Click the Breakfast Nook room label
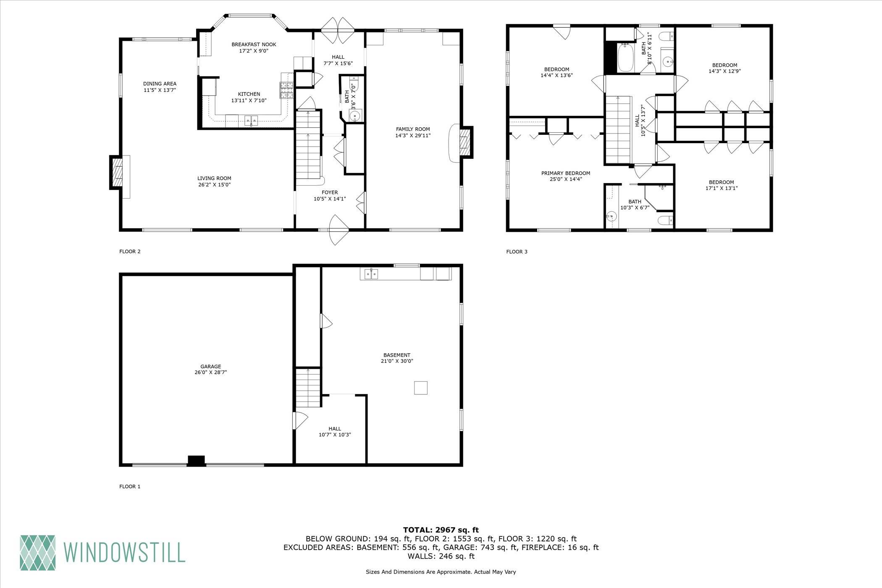(x=254, y=45)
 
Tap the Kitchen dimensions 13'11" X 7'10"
(x=249, y=100)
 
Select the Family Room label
(x=412, y=129)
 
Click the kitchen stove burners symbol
(x=287, y=90)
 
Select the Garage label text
(x=210, y=367)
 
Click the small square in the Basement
(x=420, y=388)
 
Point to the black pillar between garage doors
(x=196, y=461)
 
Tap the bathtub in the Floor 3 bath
(x=626, y=59)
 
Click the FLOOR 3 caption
(x=517, y=252)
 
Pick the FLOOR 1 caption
(x=130, y=487)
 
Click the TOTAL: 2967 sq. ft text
(x=441, y=530)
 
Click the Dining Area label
(x=160, y=84)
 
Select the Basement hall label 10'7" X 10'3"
(x=334, y=435)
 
